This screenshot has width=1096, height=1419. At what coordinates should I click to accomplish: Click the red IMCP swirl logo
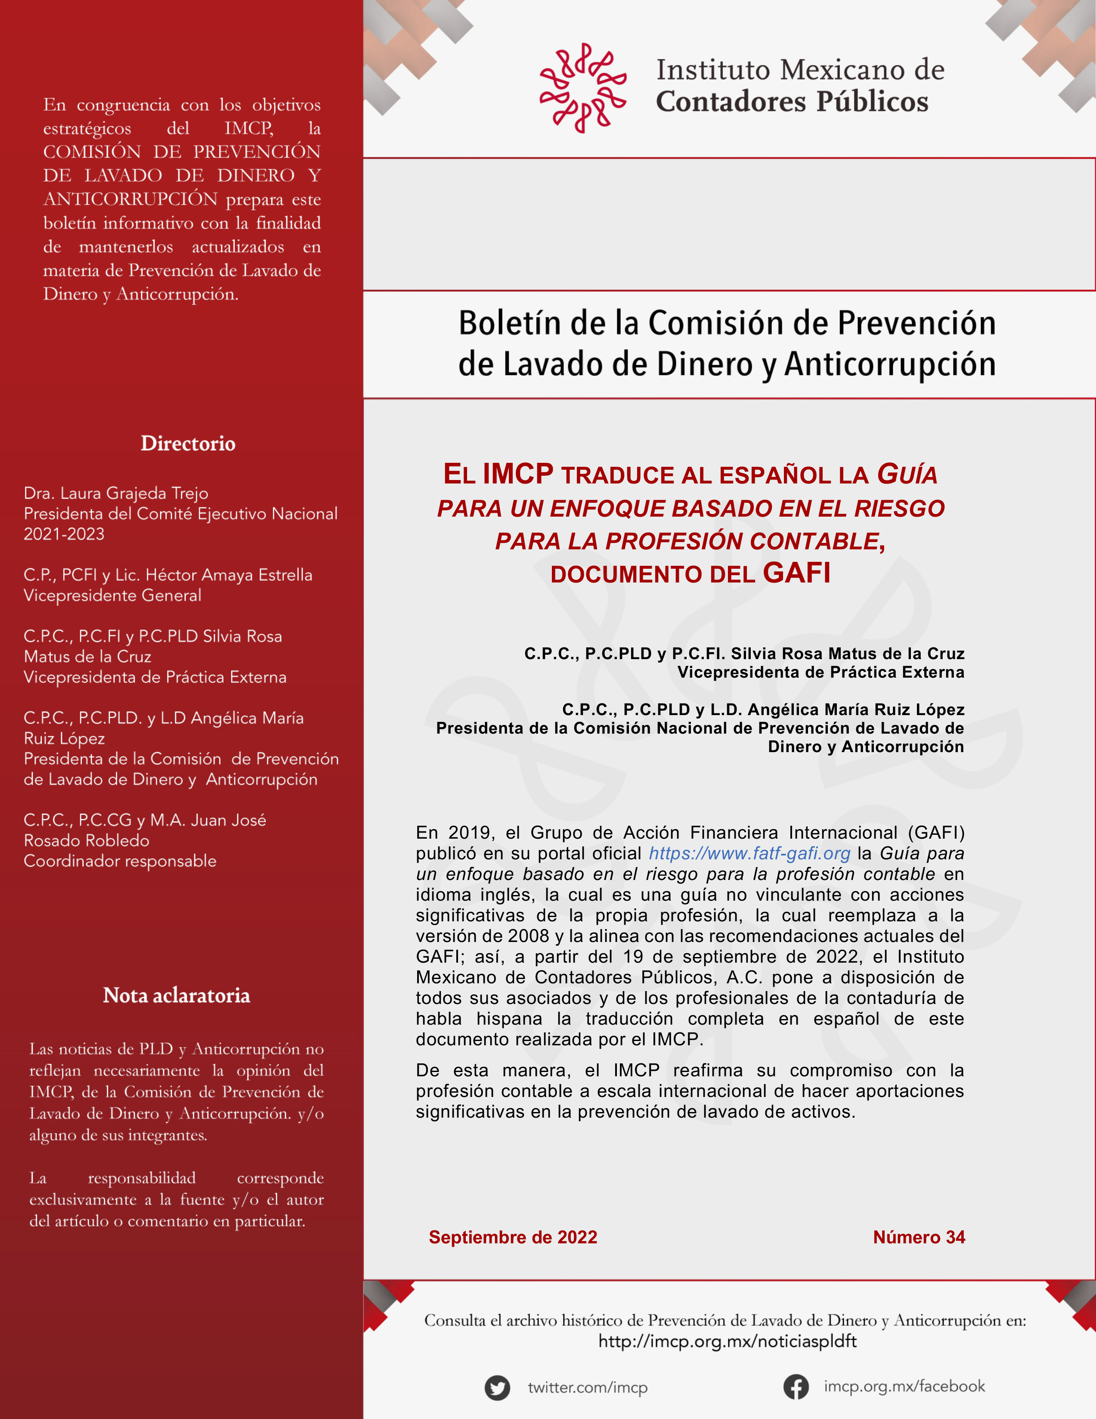(583, 88)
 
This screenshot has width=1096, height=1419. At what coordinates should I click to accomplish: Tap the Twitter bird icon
(497, 1388)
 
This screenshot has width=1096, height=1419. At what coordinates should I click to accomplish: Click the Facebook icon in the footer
(796, 1387)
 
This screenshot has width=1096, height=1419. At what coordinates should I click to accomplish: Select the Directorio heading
(188, 444)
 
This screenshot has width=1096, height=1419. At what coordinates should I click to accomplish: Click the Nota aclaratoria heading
(176, 995)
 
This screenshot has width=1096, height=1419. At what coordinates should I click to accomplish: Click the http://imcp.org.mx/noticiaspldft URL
(727, 1341)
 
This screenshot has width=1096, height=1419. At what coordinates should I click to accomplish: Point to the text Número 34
(919, 1237)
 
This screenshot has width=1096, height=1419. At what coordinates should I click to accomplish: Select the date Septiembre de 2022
(513, 1237)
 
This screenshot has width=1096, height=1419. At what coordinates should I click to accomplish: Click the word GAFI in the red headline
(796, 573)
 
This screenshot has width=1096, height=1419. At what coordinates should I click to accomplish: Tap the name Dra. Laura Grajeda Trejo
(116, 493)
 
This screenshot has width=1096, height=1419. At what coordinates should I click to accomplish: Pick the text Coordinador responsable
(120, 861)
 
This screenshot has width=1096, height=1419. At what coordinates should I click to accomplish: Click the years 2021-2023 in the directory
(64, 534)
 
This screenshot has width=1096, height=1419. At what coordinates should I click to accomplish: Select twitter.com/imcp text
(587, 1388)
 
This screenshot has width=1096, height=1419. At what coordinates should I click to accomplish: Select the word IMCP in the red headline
(518, 474)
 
